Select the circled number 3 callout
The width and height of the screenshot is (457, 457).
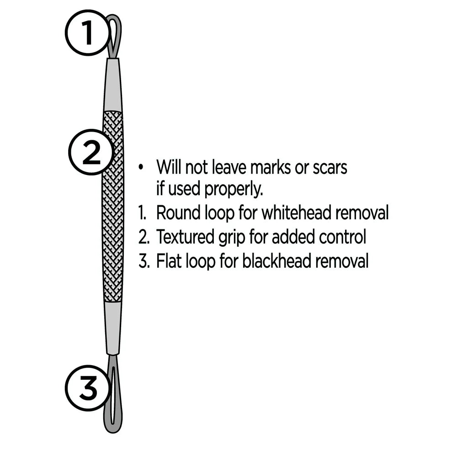pos(88,389)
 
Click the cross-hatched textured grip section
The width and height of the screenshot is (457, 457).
pos(113,206)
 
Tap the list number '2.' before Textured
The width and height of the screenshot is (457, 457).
pos(144,237)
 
